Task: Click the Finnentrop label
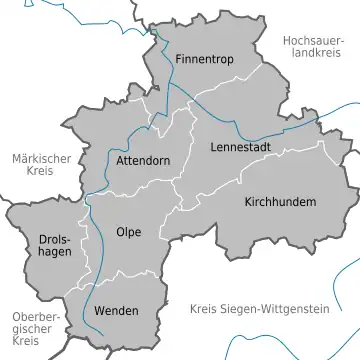(204, 59)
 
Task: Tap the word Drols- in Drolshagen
(54, 241)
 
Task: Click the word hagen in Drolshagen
(54, 255)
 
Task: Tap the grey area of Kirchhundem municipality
(280, 230)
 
